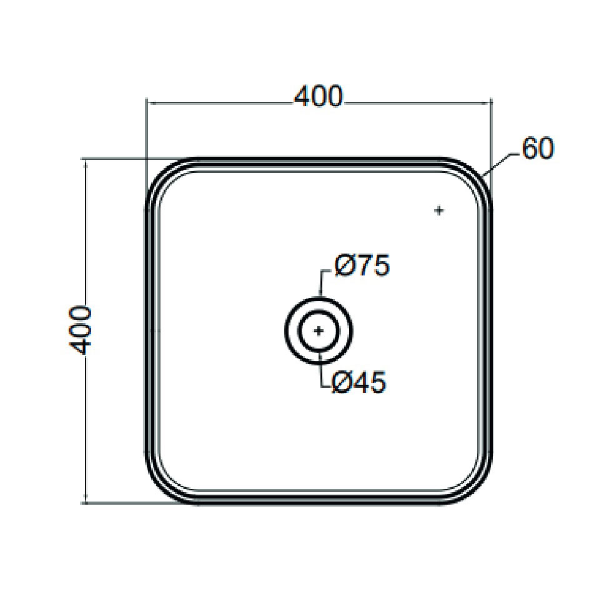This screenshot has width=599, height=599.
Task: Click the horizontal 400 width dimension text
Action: coord(319,97)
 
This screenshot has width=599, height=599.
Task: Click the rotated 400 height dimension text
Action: coord(81,330)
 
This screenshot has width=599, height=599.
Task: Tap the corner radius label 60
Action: coord(538,149)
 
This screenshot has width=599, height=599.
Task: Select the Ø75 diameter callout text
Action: coord(362,266)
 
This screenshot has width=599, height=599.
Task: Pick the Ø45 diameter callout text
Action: coord(359,383)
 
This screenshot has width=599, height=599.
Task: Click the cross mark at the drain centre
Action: coord(319,330)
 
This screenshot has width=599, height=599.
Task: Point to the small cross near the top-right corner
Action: coord(439,211)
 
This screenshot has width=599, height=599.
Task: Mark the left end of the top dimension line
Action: coord(147,102)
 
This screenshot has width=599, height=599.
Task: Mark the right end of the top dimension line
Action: coord(491,102)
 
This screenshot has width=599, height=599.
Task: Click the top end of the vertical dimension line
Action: coord(86,159)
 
